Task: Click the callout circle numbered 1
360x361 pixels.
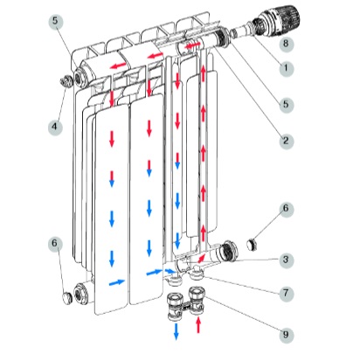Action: point(286,68)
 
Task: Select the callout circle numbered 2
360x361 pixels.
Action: point(286,141)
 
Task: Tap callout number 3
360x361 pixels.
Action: point(286,260)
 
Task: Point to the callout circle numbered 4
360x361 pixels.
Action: point(55,127)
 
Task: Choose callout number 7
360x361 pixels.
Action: point(286,293)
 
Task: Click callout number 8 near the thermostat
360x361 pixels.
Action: point(286,44)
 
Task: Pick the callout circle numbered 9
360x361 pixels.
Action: point(286,334)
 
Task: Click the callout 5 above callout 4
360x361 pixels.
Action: point(55,21)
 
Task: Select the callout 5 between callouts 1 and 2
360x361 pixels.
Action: point(286,104)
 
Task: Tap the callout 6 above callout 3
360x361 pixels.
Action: point(286,209)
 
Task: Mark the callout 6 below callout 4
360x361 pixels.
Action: point(55,243)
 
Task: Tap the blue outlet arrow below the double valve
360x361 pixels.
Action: point(176,331)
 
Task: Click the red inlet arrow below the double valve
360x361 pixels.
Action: point(198,325)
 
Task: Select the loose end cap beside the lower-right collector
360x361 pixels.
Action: point(252,245)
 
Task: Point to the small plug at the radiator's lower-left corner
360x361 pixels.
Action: point(67,298)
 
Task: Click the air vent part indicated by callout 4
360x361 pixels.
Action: point(66,81)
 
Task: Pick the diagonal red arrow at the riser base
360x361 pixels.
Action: point(201,258)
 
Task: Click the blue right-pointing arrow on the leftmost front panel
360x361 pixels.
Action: point(116,282)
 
